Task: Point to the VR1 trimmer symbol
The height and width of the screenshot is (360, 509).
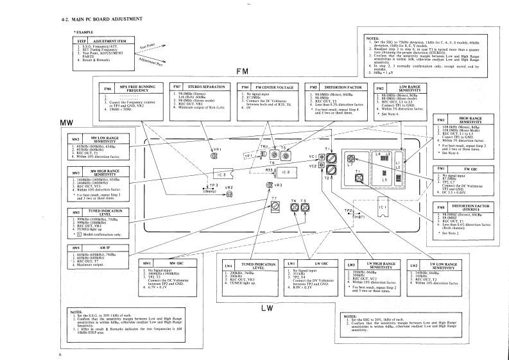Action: pos(213,156)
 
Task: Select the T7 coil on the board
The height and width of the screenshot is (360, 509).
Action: pos(275,207)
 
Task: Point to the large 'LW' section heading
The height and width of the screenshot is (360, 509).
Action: pos(266,308)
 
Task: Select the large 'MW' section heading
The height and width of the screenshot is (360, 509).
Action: pos(67,122)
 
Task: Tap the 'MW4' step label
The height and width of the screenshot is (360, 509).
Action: pos(76,247)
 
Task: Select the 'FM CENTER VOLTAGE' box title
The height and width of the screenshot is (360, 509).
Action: pos(274,86)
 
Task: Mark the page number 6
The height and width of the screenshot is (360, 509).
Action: pos(60,354)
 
